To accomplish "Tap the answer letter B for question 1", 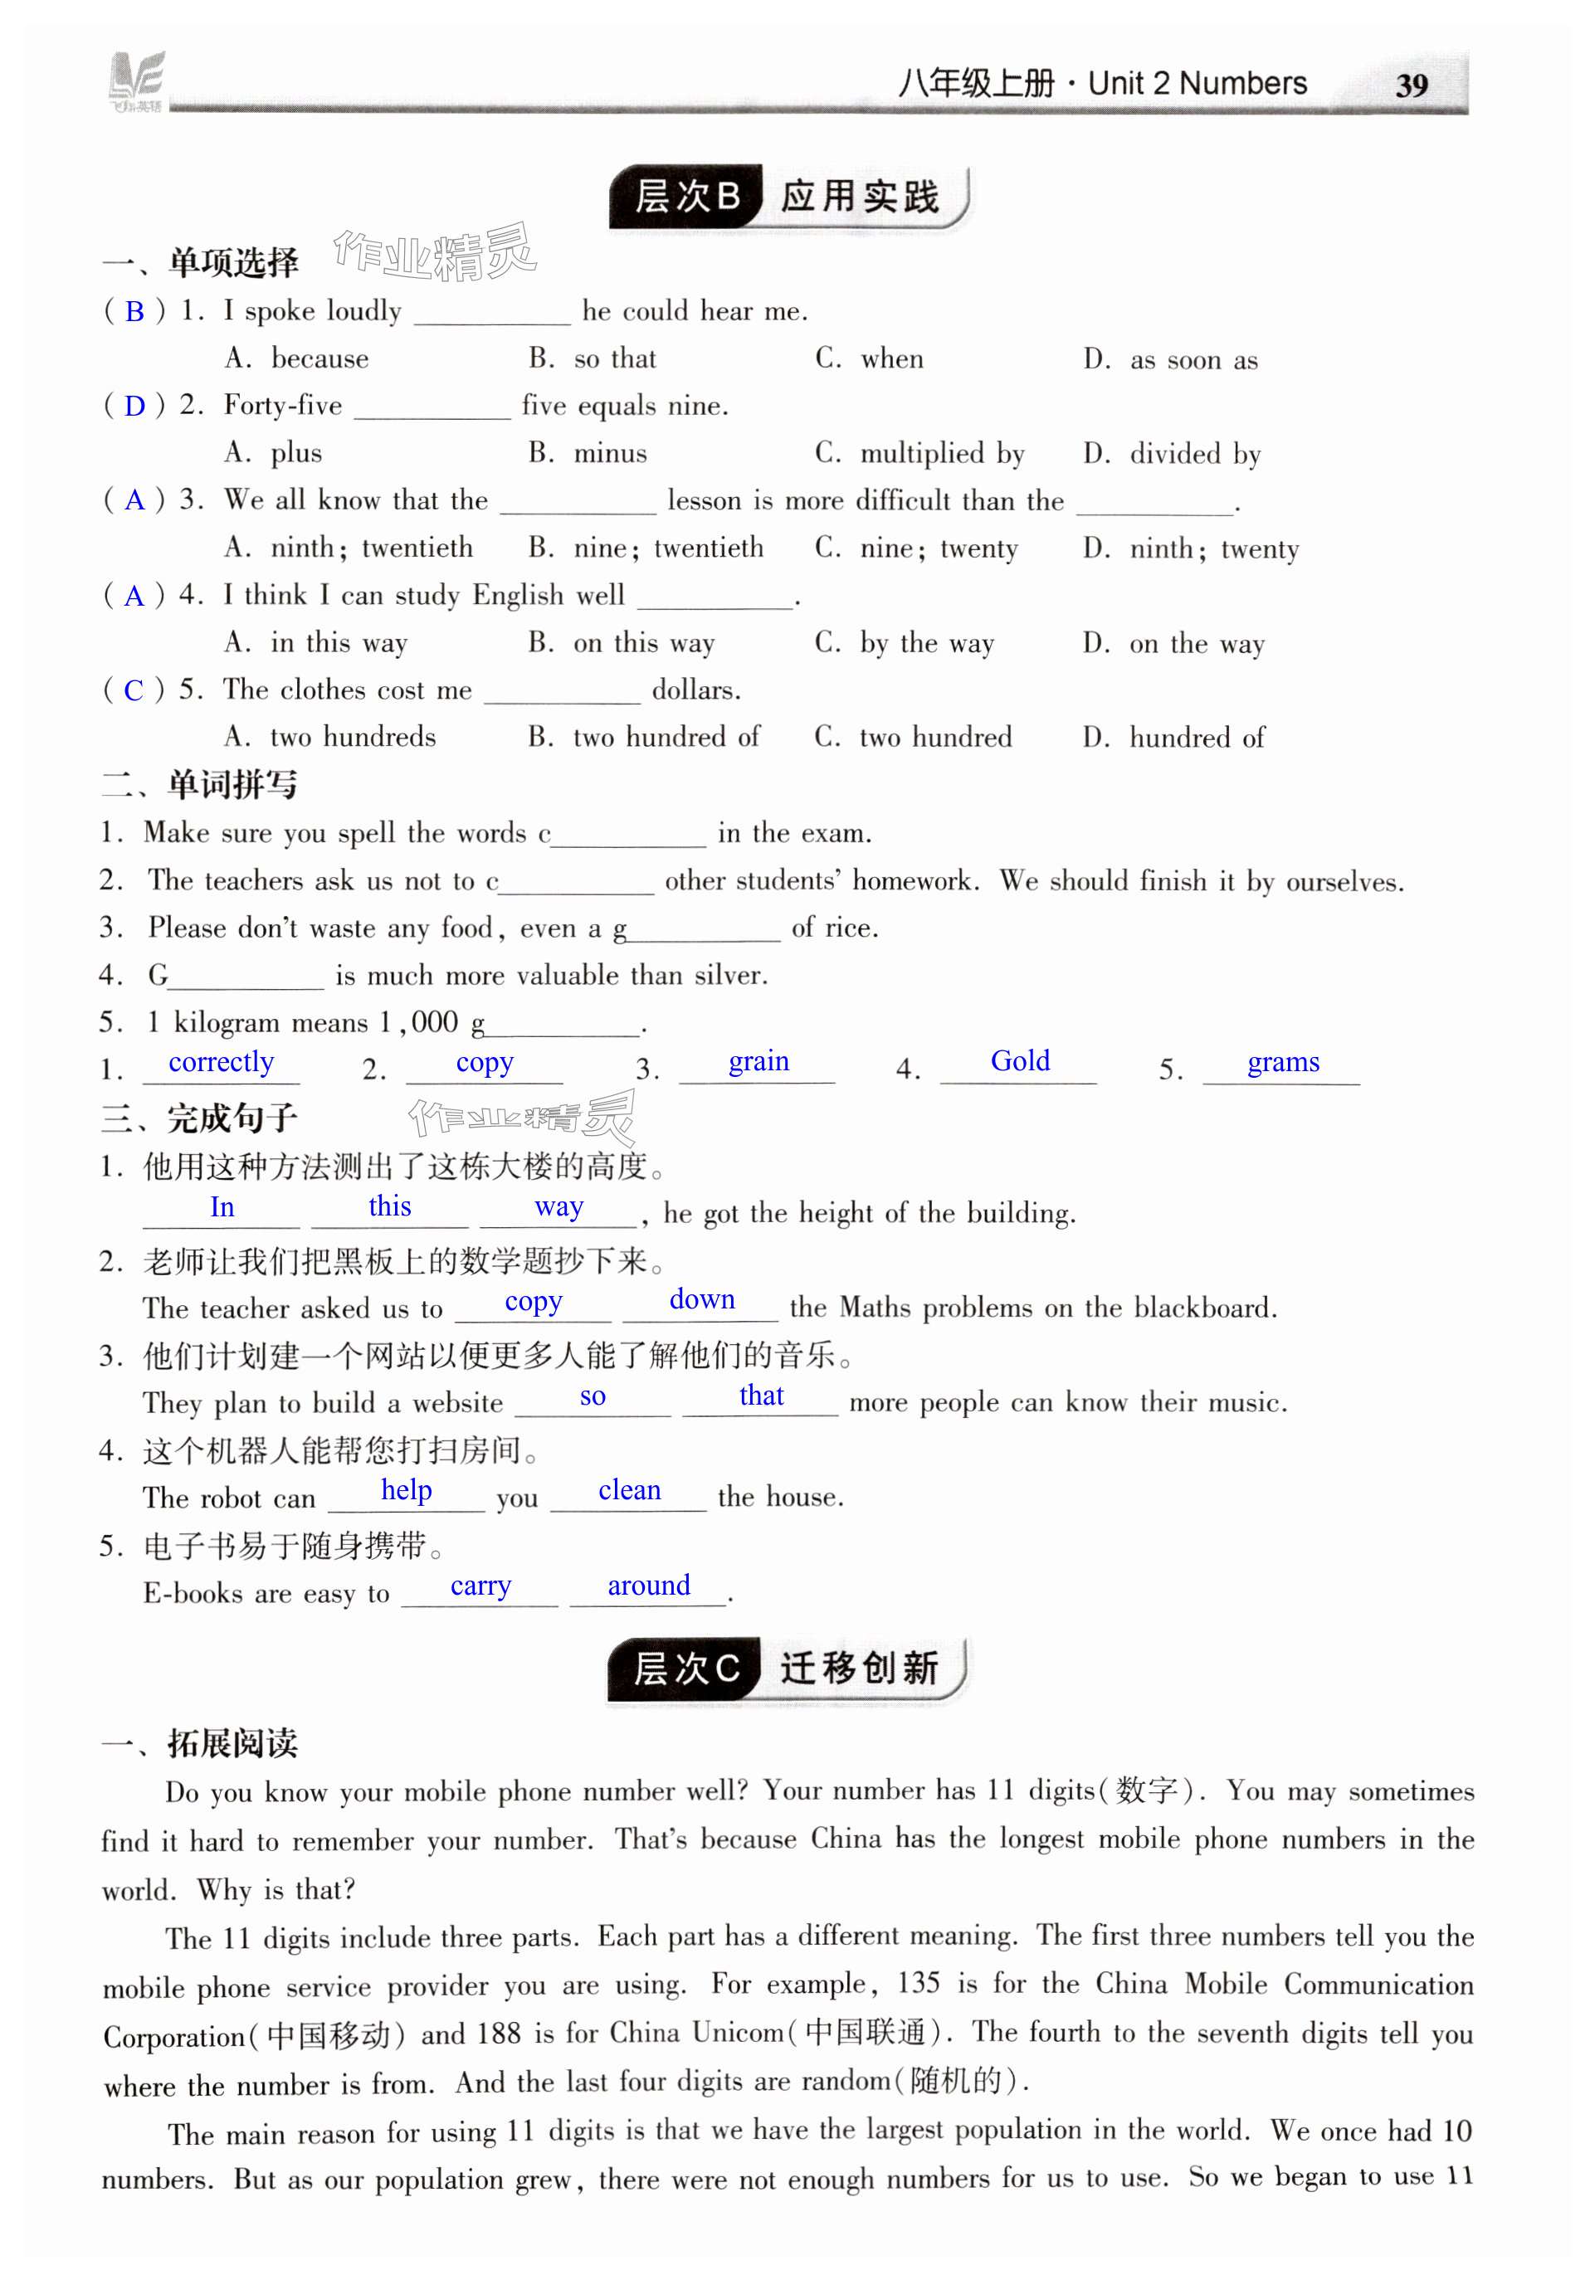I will click(134, 313).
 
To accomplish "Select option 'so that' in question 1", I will click(614, 358).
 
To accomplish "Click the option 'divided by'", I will click(1194, 454).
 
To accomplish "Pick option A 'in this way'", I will click(338, 644).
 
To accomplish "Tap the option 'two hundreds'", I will click(352, 737).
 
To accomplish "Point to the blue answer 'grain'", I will click(758, 1061).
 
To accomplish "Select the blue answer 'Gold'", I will click(1019, 1060).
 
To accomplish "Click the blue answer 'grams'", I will click(1282, 1063).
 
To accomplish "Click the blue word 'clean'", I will click(629, 1489).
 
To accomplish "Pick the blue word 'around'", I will click(647, 1585).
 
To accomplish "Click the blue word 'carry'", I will click(480, 1586).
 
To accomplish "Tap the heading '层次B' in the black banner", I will click(686, 197).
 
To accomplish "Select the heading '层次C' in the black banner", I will click(685, 1669).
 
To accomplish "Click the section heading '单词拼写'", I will click(232, 785).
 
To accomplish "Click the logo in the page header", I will click(135, 80).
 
